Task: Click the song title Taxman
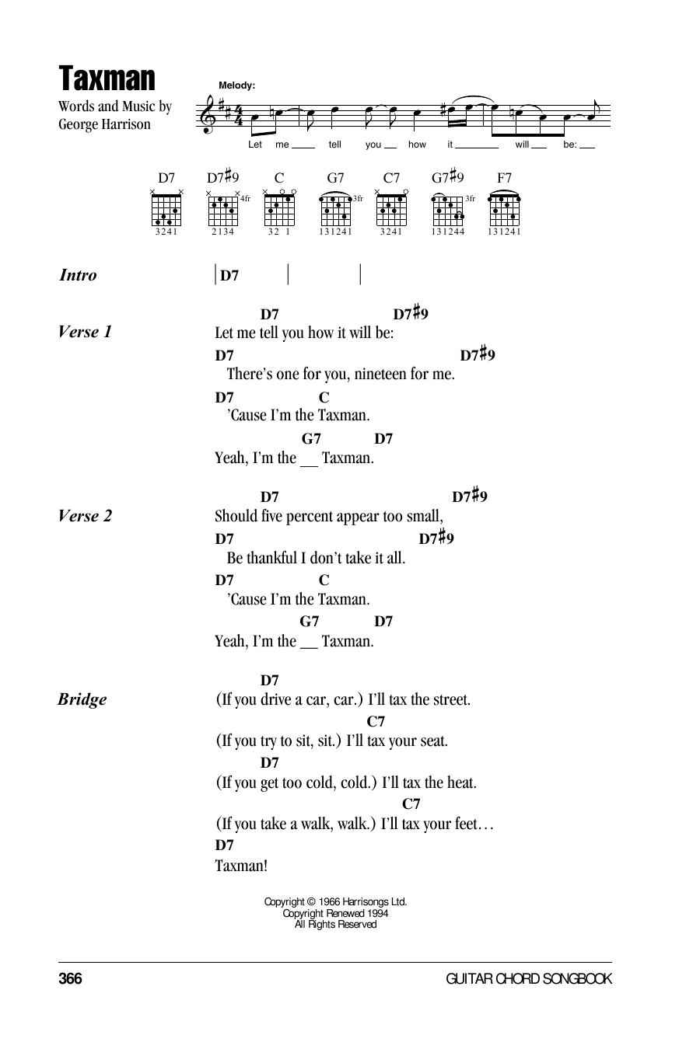[x=107, y=78]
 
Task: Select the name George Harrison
[x=104, y=124]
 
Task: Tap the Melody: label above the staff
[x=236, y=85]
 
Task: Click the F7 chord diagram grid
[x=504, y=210]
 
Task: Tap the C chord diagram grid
[x=279, y=210]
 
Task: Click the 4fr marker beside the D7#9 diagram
[x=245, y=199]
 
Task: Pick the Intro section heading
[x=78, y=275]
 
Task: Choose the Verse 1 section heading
[x=85, y=332]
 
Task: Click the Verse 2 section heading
[x=85, y=516]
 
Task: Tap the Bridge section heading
[x=82, y=699]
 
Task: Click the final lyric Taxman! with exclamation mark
[x=241, y=866]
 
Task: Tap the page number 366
[x=70, y=979]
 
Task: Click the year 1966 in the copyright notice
[x=329, y=901]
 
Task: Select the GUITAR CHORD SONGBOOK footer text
[x=529, y=979]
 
